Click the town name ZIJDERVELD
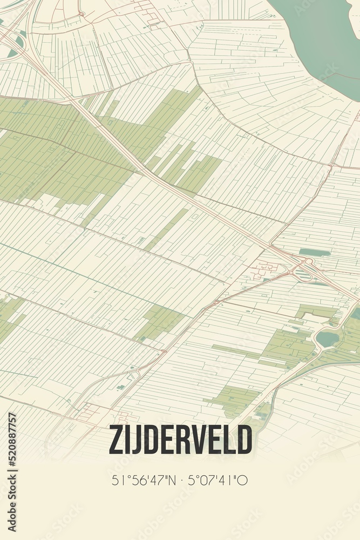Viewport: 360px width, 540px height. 180,440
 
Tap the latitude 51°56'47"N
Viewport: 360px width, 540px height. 144,480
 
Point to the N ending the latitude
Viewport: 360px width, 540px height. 172,480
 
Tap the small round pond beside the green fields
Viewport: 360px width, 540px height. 328,339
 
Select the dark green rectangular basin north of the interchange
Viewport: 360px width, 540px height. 314,252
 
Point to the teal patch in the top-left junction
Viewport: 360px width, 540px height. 19,42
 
